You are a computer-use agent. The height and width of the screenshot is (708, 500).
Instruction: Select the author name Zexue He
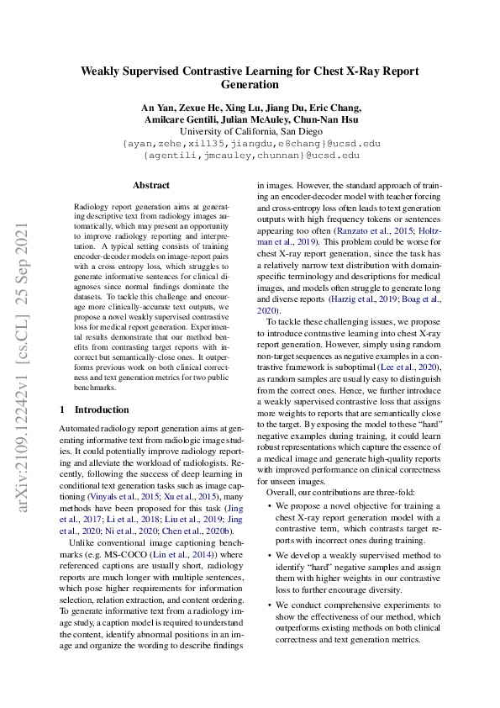click(196, 108)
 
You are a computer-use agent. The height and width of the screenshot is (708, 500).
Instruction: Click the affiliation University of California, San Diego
click(250, 131)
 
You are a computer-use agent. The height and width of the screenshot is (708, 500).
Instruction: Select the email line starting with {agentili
click(250, 156)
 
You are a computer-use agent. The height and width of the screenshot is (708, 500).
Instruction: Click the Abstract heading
click(151, 185)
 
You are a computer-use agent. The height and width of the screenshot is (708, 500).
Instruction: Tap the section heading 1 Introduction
click(93, 410)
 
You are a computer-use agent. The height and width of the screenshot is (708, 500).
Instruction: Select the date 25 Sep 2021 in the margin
click(23, 256)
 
